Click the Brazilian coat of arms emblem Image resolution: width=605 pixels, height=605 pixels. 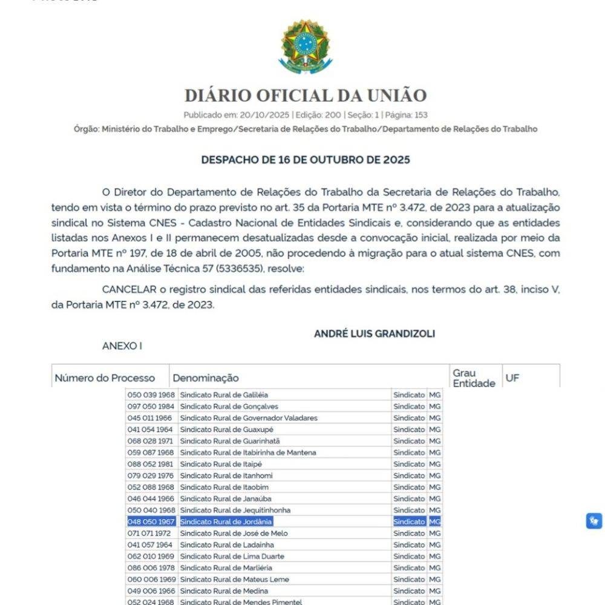pos(306,47)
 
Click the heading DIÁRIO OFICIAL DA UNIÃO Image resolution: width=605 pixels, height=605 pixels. pos(306,96)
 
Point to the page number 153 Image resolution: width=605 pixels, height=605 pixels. pos(420,115)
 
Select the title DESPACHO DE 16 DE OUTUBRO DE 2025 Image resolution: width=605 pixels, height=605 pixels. pos(306,160)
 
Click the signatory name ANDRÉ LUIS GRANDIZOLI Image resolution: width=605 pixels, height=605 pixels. pos(374,334)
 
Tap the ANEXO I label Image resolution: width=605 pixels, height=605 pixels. pos(122,346)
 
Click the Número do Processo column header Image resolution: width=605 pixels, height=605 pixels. pos(105,378)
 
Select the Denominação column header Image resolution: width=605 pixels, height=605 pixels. pos(206,378)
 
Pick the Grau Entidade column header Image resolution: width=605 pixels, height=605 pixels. pos(474,378)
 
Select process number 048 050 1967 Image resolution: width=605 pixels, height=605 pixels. pos(151,522)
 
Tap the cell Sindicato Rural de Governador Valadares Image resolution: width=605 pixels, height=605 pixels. pos(249,418)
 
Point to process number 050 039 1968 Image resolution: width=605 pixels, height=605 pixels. pos(151,395)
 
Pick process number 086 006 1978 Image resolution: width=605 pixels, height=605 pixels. pos(151,567)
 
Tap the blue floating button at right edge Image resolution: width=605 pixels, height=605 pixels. pos(594,521)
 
